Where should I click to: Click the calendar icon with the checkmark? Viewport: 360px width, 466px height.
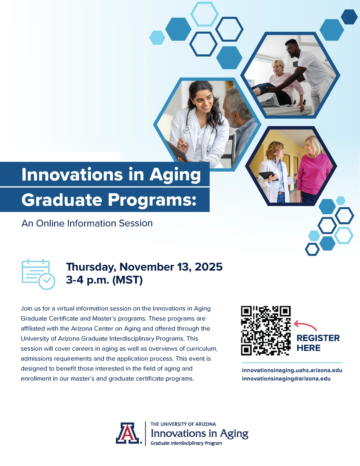(x=38, y=274)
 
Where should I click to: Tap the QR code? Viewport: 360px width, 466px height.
(x=266, y=330)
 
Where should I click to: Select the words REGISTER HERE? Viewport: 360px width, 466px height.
(x=318, y=343)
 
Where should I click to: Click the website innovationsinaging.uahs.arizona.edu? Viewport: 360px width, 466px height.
(x=292, y=370)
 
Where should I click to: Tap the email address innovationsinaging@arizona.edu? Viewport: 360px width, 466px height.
(x=286, y=378)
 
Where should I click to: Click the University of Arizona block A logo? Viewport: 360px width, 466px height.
(x=128, y=433)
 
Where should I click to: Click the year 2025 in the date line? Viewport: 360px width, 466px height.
(x=208, y=267)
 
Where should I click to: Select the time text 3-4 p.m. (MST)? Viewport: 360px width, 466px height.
(x=104, y=280)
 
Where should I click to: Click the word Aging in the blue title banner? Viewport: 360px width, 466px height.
(x=175, y=175)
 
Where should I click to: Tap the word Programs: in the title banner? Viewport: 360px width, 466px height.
(x=152, y=200)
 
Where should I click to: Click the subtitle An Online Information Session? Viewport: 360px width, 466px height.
(x=87, y=223)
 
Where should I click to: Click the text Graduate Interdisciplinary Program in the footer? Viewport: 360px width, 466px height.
(x=186, y=443)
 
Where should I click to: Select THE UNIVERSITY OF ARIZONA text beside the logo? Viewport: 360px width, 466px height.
(x=183, y=424)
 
